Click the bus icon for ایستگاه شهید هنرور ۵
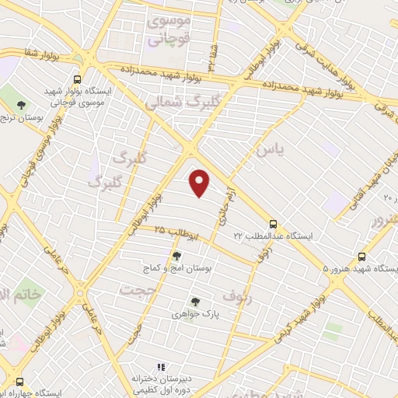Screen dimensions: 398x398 point(361,257)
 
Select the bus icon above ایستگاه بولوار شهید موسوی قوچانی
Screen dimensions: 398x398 point(77,79)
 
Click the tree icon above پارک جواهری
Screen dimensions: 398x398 point(195,302)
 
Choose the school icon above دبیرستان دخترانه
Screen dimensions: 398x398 point(161,367)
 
